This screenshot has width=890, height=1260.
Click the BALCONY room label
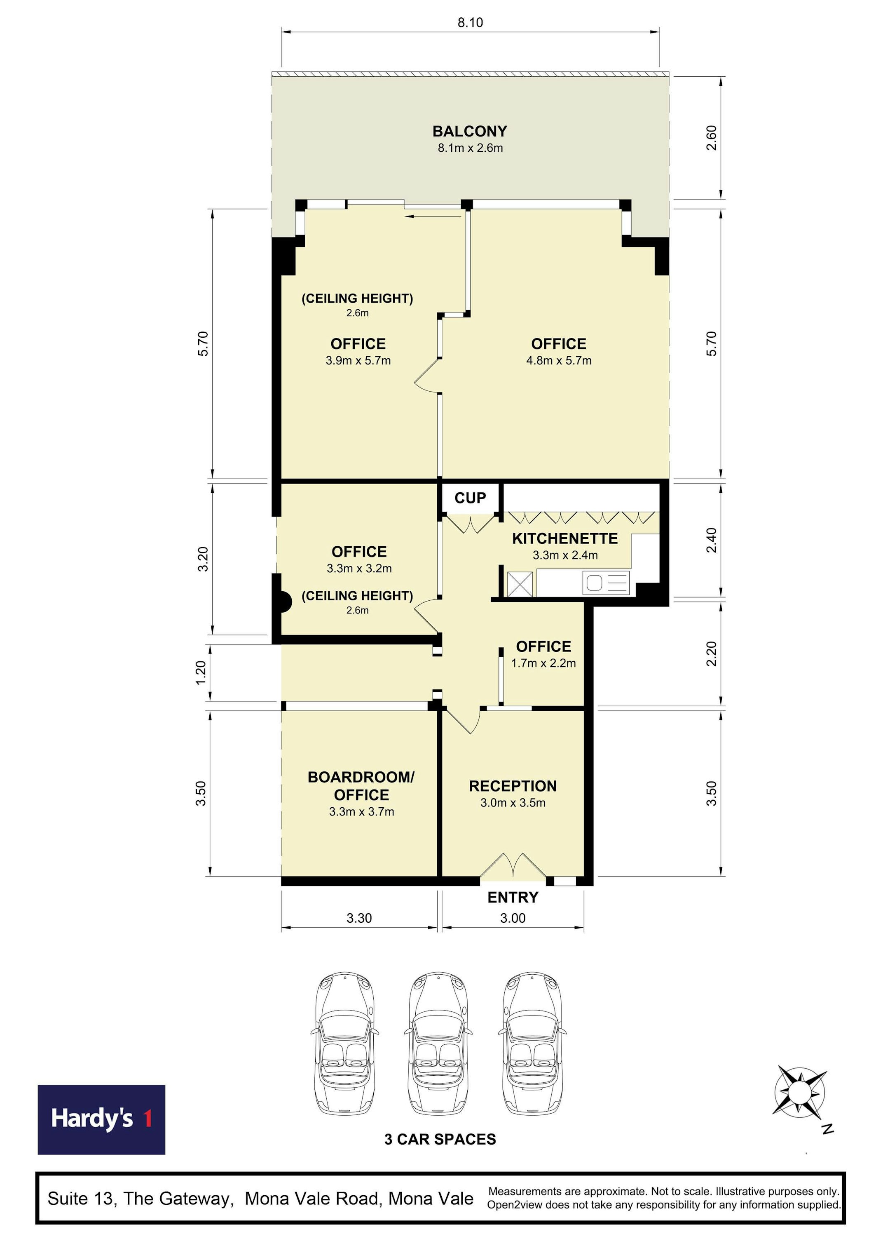click(470, 131)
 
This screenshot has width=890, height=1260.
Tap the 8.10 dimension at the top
click(471, 23)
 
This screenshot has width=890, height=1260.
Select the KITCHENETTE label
click(565, 538)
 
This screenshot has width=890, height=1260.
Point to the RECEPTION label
click(513, 786)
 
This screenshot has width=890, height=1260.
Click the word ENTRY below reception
click(513, 897)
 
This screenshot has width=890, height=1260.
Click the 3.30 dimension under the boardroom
click(359, 918)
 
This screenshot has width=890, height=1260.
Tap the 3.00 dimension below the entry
click(513, 918)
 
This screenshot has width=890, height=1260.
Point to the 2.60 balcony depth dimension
click(711, 138)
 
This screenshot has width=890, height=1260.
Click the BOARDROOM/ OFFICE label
click(361, 786)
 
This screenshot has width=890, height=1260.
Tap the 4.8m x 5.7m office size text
click(559, 360)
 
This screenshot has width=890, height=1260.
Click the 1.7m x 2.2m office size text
click(543, 663)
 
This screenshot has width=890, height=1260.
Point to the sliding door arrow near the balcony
click(433, 216)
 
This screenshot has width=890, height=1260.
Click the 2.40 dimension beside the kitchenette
click(711, 540)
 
